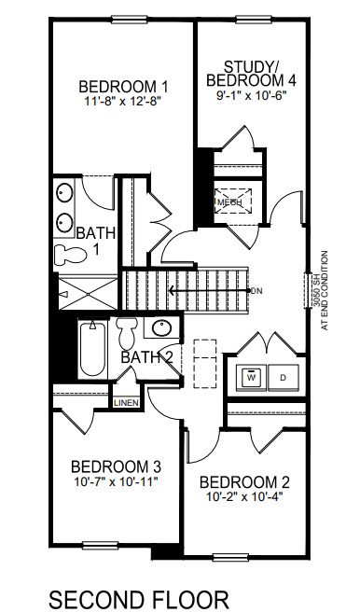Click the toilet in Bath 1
66,254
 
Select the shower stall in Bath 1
85,292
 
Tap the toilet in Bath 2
129,331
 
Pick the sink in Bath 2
161,328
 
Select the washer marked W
251,378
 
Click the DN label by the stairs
256,291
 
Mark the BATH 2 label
147,356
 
